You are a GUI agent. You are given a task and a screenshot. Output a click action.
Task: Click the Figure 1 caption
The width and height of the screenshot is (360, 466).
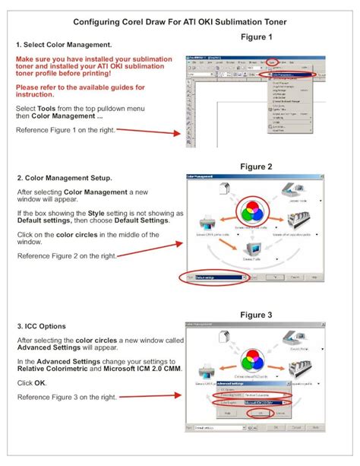[x=256, y=37]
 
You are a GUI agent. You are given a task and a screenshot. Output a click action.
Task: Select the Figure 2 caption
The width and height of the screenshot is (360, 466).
[x=256, y=166]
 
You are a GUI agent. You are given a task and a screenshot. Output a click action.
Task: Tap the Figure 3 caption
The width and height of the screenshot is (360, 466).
[x=256, y=315]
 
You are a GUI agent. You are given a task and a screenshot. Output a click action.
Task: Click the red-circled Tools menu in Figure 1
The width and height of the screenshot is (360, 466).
[x=272, y=64]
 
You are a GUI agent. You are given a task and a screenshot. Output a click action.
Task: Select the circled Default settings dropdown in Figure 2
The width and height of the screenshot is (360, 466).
[x=221, y=278]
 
